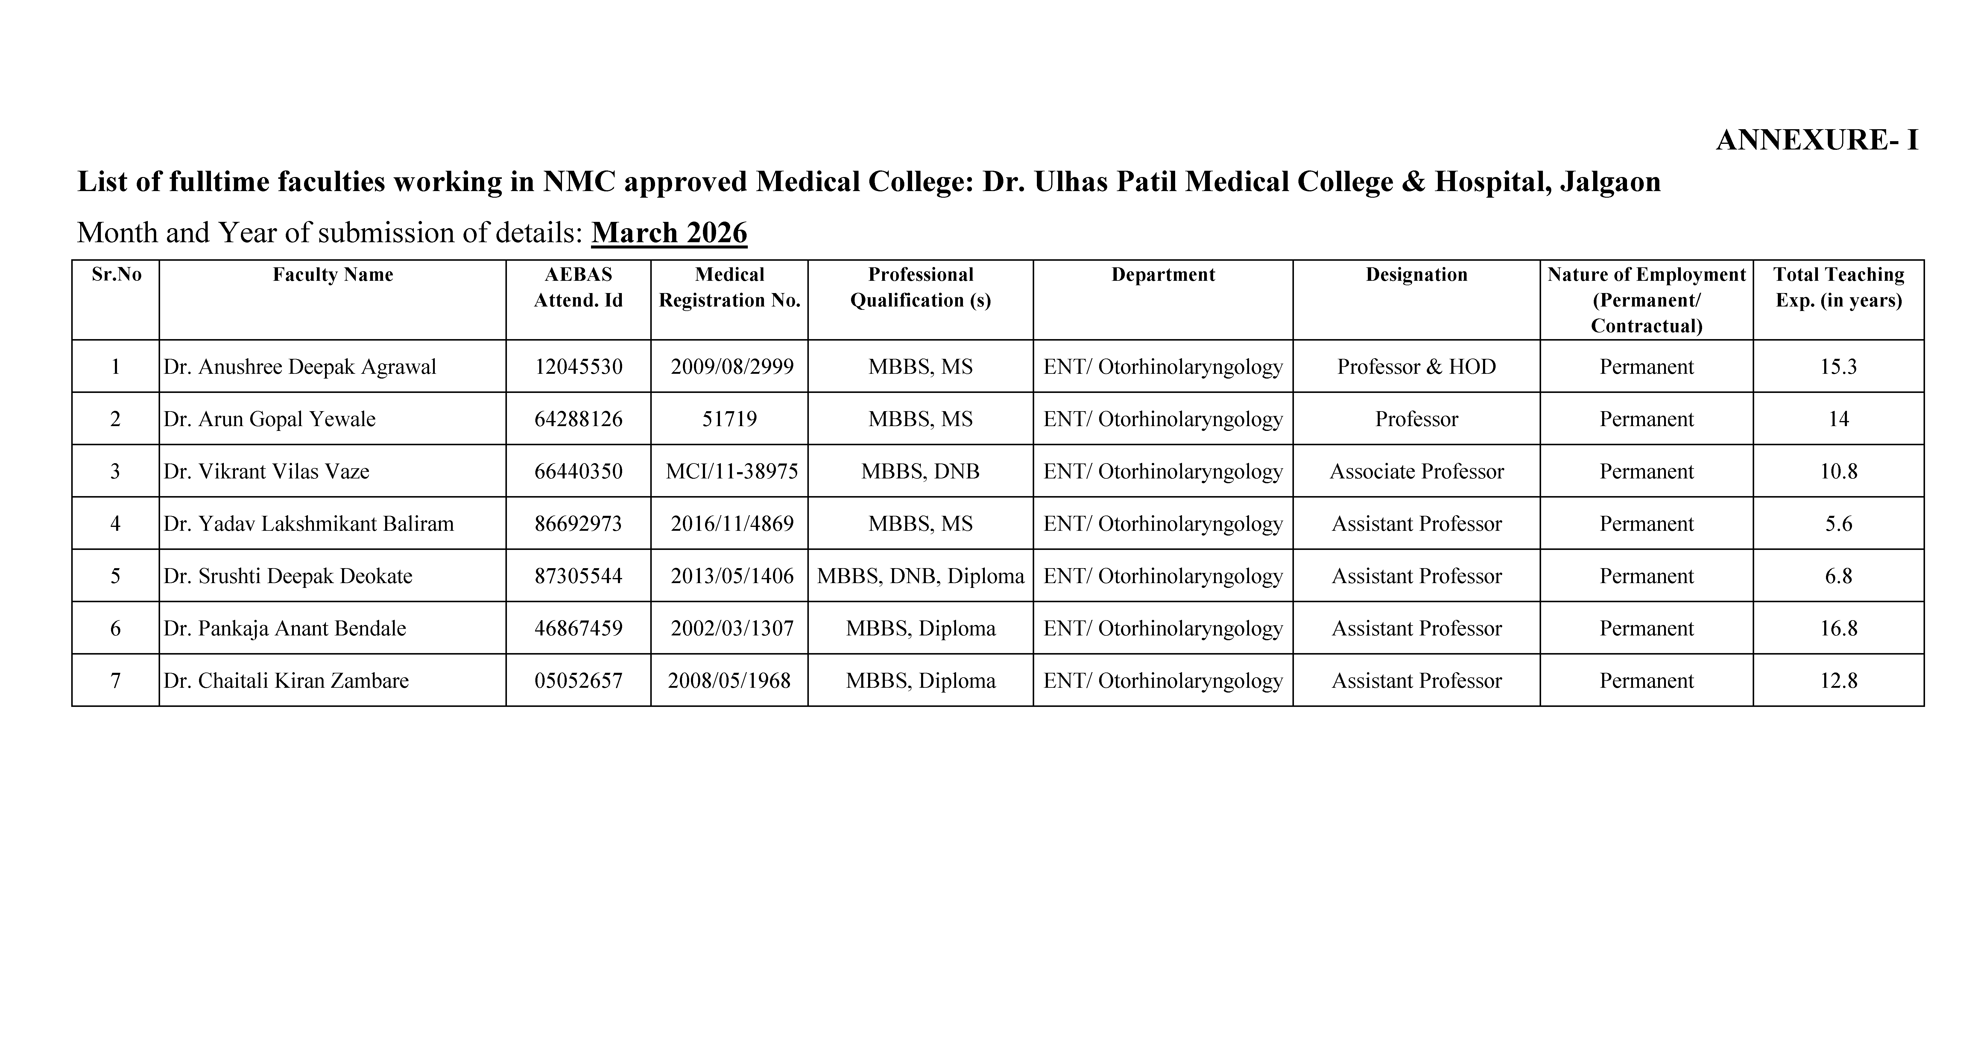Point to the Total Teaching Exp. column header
[1839, 287]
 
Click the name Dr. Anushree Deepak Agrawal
[300, 367]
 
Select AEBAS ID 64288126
[578, 419]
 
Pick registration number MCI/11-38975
[731, 471]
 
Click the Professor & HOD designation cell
[1416, 367]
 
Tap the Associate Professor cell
[1416, 471]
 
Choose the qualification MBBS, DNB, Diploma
[920, 576]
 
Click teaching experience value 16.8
[1839, 629]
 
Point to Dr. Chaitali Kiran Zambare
[286, 681]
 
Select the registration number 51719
[729, 419]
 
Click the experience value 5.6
[1839, 524]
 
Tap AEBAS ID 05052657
[578, 681]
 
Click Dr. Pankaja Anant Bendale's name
[285, 629]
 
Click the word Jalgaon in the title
[1610, 182]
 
